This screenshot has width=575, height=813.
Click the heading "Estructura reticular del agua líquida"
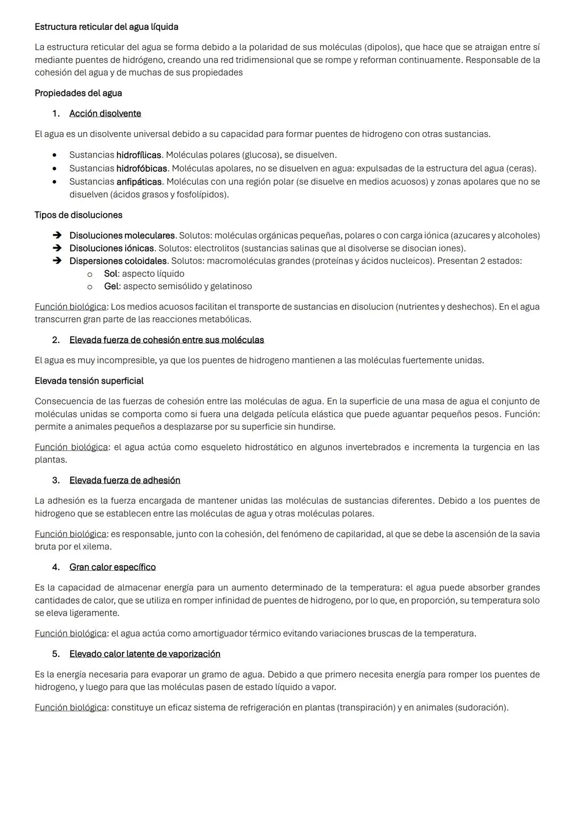(x=106, y=27)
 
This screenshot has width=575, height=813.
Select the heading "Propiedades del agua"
(x=78, y=93)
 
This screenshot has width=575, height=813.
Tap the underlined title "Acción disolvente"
(x=105, y=113)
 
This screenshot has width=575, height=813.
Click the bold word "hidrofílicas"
(x=138, y=155)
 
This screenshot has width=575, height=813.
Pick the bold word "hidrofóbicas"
(x=142, y=168)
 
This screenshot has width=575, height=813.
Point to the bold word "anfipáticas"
(x=139, y=182)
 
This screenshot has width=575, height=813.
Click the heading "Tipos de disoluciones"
(x=78, y=215)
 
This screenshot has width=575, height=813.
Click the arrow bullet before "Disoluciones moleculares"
(x=57, y=235)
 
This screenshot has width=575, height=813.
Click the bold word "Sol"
(x=110, y=274)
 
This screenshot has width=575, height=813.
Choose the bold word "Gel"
(x=111, y=286)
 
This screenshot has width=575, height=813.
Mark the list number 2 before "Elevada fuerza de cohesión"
(x=55, y=340)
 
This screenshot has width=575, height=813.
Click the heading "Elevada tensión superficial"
(x=89, y=381)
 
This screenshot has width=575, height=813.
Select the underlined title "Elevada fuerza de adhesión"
(x=125, y=480)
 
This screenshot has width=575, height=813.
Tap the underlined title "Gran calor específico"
(x=112, y=567)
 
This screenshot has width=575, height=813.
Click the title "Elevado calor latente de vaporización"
(x=145, y=654)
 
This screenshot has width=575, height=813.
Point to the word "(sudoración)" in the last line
(x=481, y=708)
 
